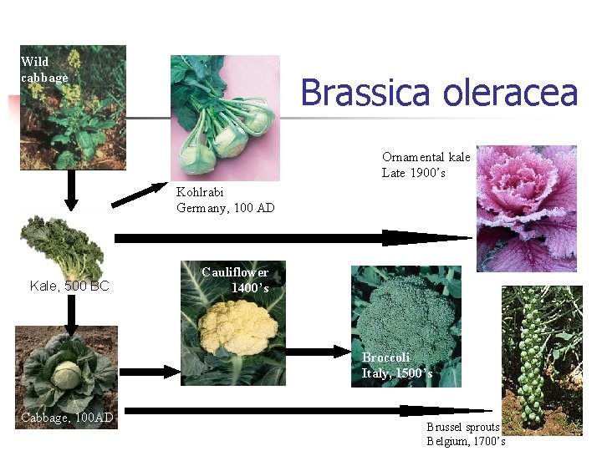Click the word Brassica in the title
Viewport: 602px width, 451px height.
(355, 93)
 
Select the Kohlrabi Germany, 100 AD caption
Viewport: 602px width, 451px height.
(225, 200)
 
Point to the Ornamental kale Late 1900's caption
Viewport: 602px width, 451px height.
(426, 165)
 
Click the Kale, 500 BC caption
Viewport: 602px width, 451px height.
(69, 286)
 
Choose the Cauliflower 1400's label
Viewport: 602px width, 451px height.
(236, 280)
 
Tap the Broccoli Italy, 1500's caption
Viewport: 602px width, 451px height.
(396, 365)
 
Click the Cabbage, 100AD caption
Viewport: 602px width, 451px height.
(67, 417)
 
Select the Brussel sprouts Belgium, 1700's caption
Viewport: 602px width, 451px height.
(465, 433)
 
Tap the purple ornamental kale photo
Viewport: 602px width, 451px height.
(526, 208)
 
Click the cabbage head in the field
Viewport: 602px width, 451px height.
(67, 373)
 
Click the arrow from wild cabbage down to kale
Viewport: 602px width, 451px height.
(72, 190)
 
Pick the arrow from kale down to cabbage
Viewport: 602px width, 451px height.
(72, 314)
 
